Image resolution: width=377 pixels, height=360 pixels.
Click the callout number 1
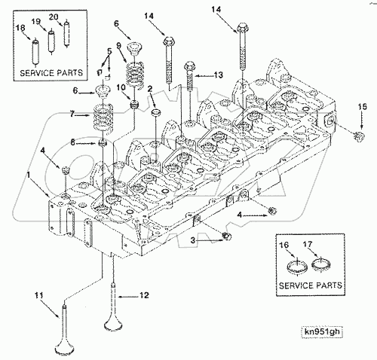[x=29, y=175]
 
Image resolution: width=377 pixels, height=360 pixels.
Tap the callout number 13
[x=218, y=75]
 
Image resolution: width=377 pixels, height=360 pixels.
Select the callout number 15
[x=363, y=106]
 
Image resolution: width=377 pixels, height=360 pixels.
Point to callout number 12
[x=144, y=295]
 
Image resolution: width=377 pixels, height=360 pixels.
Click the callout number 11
[x=39, y=295]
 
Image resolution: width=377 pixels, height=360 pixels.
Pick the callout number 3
[x=192, y=240]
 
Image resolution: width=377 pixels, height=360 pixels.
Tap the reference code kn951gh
[x=322, y=331]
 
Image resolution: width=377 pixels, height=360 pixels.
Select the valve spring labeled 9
[x=135, y=75]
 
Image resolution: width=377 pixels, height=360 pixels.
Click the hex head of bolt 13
[x=189, y=66]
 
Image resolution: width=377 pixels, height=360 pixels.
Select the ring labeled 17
[x=321, y=264]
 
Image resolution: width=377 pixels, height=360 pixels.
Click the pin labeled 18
[x=35, y=52]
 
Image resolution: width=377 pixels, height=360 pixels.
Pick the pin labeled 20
[x=66, y=33]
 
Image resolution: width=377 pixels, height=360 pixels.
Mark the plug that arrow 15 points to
[x=360, y=136]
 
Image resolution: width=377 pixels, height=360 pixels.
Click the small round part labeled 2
[x=156, y=112]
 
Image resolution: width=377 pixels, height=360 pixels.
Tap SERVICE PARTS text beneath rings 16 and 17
[x=311, y=285]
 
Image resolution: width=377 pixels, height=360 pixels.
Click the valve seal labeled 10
[x=135, y=104]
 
